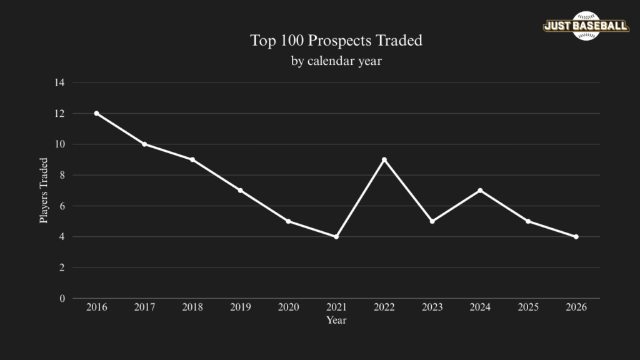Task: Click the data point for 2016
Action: tap(96, 113)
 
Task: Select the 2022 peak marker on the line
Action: tap(384, 159)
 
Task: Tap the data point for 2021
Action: tap(336, 236)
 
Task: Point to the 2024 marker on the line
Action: tap(480, 190)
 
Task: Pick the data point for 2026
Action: tap(576, 236)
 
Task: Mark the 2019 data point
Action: tap(240, 190)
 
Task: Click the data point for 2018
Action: tap(192, 159)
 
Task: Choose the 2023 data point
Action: tap(432, 221)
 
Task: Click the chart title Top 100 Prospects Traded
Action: tap(336, 41)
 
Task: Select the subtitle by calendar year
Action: tap(336, 61)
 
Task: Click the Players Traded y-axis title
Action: tap(44, 191)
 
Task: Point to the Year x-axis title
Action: tap(336, 320)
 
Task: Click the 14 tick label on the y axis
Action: tap(59, 82)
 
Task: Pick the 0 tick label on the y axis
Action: tap(62, 298)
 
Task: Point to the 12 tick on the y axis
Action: tap(59, 113)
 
